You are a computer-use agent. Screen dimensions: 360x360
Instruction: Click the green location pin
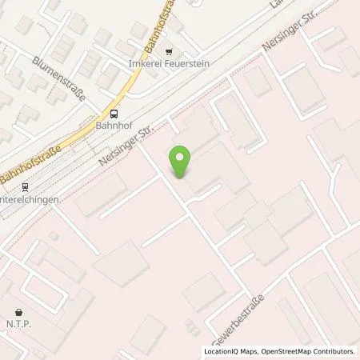182,162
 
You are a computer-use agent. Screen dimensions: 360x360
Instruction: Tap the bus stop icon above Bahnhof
114,114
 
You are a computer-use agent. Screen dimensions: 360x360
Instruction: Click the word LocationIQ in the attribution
221,351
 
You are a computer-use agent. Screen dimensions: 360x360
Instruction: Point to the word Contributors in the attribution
334,351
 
